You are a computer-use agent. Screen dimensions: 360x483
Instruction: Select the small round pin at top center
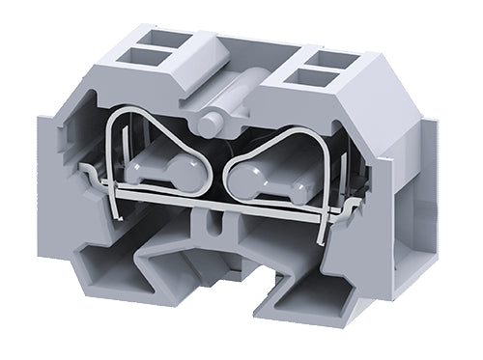tap(214, 122)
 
